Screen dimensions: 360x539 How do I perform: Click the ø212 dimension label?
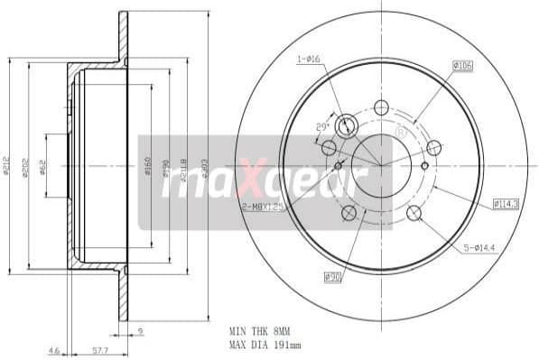pyautogui.click(x=7, y=166)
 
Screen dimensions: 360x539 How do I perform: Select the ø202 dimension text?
pyautogui.click(x=26, y=166)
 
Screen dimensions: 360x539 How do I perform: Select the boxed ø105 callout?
pyautogui.click(x=463, y=65)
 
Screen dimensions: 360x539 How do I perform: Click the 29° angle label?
pyautogui.click(x=322, y=127)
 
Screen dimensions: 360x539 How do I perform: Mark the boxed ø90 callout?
pyautogui.click(x=331, y=276)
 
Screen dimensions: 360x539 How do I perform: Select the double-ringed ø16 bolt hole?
pyautogui.click(x=346, y=125)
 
